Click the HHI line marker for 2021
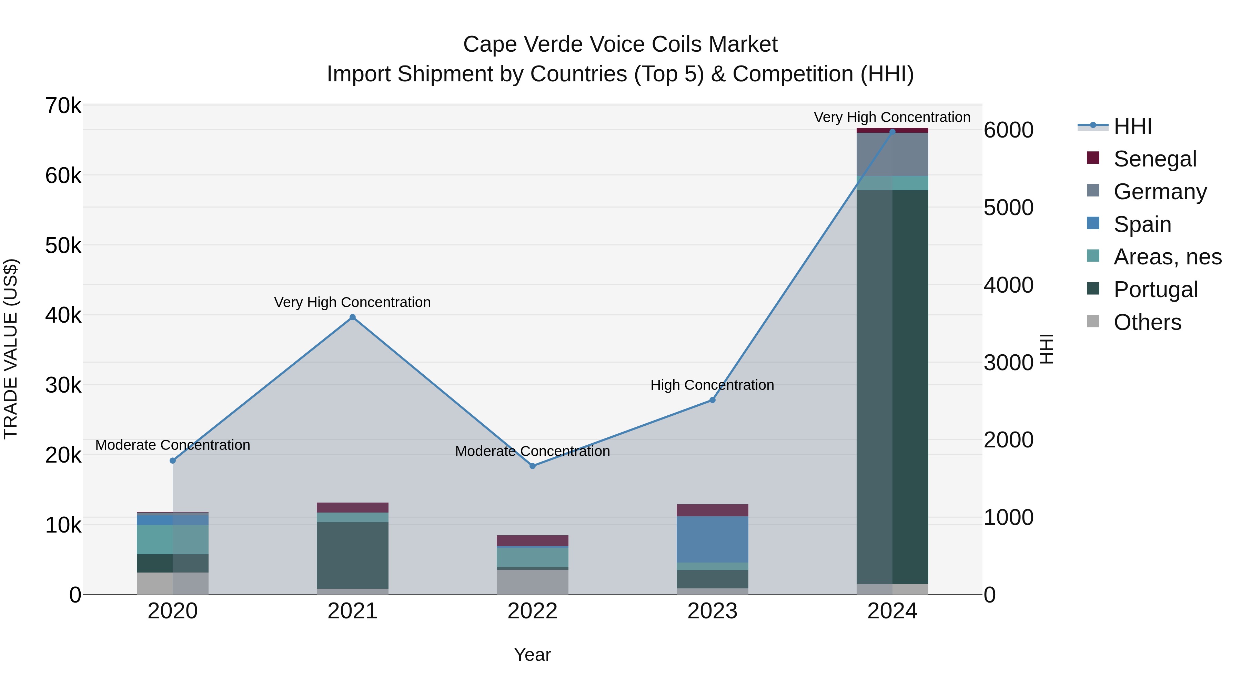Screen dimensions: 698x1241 tap(353, 317)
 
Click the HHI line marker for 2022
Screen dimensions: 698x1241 tap(532, 466)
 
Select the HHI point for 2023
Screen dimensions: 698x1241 tap(713, 400)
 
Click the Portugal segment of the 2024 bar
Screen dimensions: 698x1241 tap(892, 385)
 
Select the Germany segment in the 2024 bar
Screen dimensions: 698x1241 tap(892, 154)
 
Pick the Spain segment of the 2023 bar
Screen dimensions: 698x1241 tap(713, 539)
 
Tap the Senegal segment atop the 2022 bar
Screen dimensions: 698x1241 tap(532, 540)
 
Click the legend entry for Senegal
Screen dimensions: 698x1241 tap(1155, 159)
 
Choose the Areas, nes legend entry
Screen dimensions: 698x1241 tap(1167, 257)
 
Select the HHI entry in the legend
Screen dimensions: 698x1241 tap(1132, 126)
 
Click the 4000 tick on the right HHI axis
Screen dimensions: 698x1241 tap(1008, 285)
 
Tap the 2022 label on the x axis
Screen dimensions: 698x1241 tap(532, 611)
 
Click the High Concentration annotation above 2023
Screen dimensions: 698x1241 tap(712, 385)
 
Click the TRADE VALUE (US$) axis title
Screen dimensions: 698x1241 tap(11, 349)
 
